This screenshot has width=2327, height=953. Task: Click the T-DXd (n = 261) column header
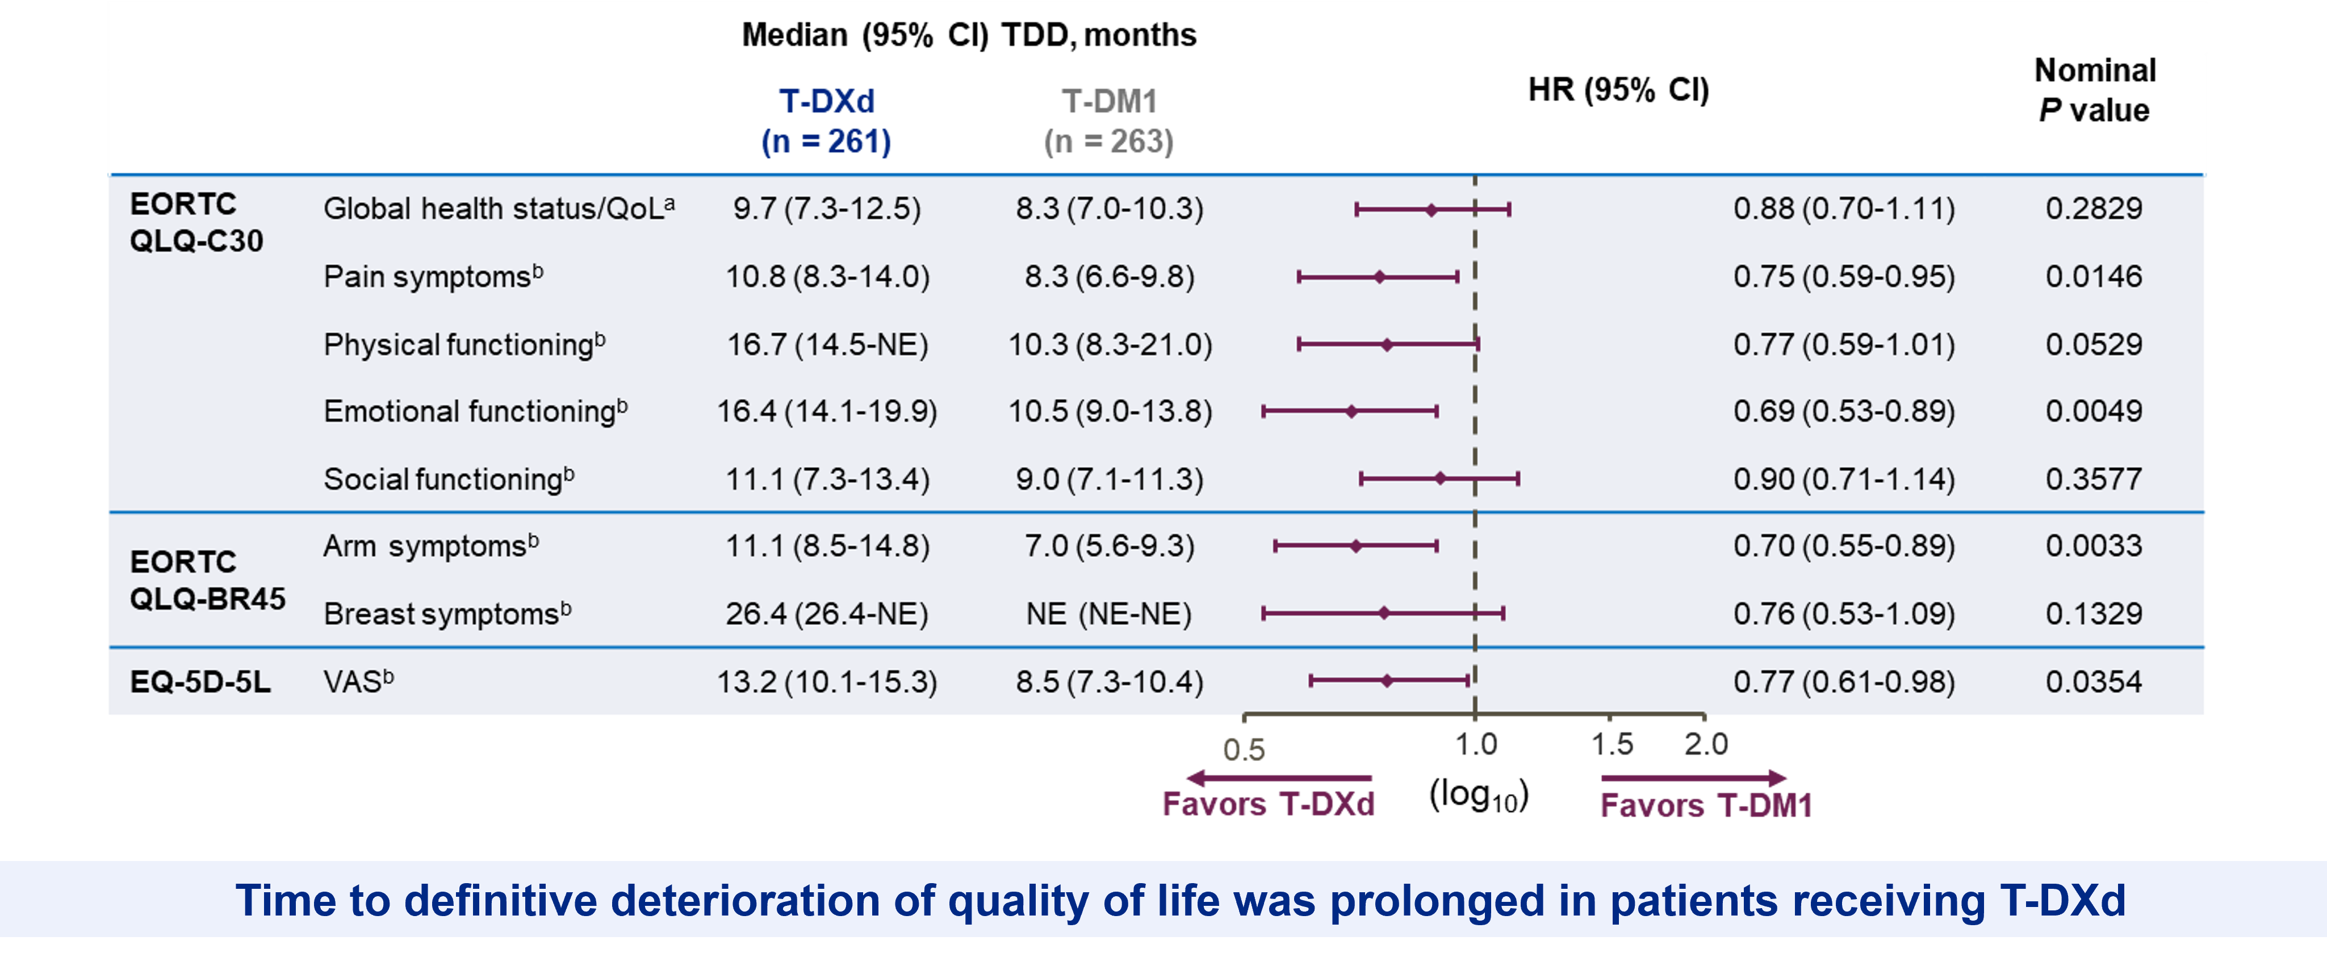click(x=827, y=121)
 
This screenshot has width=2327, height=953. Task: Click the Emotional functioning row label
click(x=475, y=411)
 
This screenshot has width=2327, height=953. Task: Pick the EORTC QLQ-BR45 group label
click(x=208, y=580)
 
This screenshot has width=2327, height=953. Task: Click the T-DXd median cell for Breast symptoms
click(x=827, y=615)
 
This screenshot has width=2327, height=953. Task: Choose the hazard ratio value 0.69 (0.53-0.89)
click(x=1844, y=411)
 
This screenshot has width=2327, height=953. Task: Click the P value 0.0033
click(x=2094, y=546)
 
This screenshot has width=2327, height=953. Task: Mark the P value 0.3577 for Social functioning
click(x=2094, y=479)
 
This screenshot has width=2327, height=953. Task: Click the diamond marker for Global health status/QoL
click(x=1431, y=210)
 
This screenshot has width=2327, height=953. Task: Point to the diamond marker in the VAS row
click(x=1387, y=680)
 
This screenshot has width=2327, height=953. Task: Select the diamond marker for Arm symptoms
click(x=1356, y=546)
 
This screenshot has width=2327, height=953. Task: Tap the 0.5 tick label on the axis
click(x=1244, y=750)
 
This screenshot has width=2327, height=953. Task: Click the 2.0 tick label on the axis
click(x=1706, y=745)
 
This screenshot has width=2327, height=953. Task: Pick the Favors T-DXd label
click(x=1269, y=804)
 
